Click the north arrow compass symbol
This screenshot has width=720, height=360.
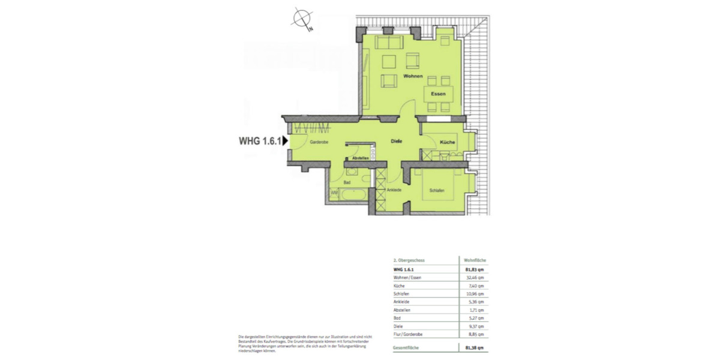(301, 19)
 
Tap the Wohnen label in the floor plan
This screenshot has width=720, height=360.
(413, 77)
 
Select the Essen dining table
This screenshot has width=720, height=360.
(438, 94)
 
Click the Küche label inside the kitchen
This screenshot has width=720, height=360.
(447, 142)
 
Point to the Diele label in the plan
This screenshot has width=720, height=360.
(395, 142)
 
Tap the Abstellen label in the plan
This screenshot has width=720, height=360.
(360, 157)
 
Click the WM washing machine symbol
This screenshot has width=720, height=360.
(334, 193)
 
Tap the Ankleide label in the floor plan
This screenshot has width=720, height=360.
(394, 190)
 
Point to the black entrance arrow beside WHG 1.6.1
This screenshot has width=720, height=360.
(286, 142)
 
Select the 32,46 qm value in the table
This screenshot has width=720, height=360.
(474, 278)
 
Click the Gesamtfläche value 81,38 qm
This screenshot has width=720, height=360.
(474, 348)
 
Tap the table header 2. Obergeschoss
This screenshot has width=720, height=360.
(409, 261)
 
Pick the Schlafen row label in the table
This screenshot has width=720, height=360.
(401, 294)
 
